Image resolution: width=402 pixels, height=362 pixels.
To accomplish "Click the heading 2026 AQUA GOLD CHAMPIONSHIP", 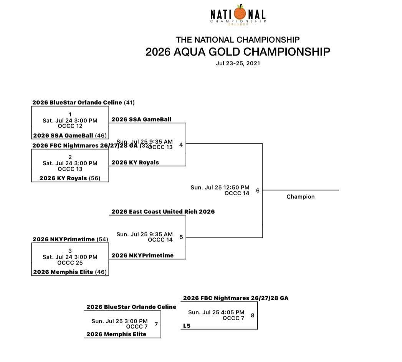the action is click(x=238, y=52).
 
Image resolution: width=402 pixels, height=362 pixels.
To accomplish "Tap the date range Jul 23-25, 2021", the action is click(x=238, y=63).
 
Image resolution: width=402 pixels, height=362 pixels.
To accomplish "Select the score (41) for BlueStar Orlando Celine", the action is click(x=129, y=103).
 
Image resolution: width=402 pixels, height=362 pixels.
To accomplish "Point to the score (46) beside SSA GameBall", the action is click(x=101, y=135).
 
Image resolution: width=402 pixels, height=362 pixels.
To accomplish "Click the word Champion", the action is click(x=300, y=197).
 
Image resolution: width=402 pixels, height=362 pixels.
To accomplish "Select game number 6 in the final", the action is click(x=258, y=190).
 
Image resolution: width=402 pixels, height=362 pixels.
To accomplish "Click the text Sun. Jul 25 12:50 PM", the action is click(x=220, y=188).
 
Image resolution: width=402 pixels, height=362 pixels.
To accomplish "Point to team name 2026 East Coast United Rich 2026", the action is click(x=163, y=212).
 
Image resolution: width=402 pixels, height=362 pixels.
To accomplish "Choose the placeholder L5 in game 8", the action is click(x=187, y=326).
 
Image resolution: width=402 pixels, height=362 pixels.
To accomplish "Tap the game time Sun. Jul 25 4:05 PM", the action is click(x=216, y=312).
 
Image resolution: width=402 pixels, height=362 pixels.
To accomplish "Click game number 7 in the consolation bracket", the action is click(x=156, y=324).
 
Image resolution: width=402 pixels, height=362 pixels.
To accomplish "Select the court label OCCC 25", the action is click(x=70, y=263).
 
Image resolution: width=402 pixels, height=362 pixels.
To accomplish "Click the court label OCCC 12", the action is click(x=70, y=126).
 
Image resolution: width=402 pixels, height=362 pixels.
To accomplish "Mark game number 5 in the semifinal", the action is click(x=181, y=237).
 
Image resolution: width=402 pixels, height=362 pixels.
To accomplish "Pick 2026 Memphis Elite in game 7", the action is click(x=116, y=334).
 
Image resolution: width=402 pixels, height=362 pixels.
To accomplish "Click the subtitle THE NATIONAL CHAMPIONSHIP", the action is click(x=238, y=40).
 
